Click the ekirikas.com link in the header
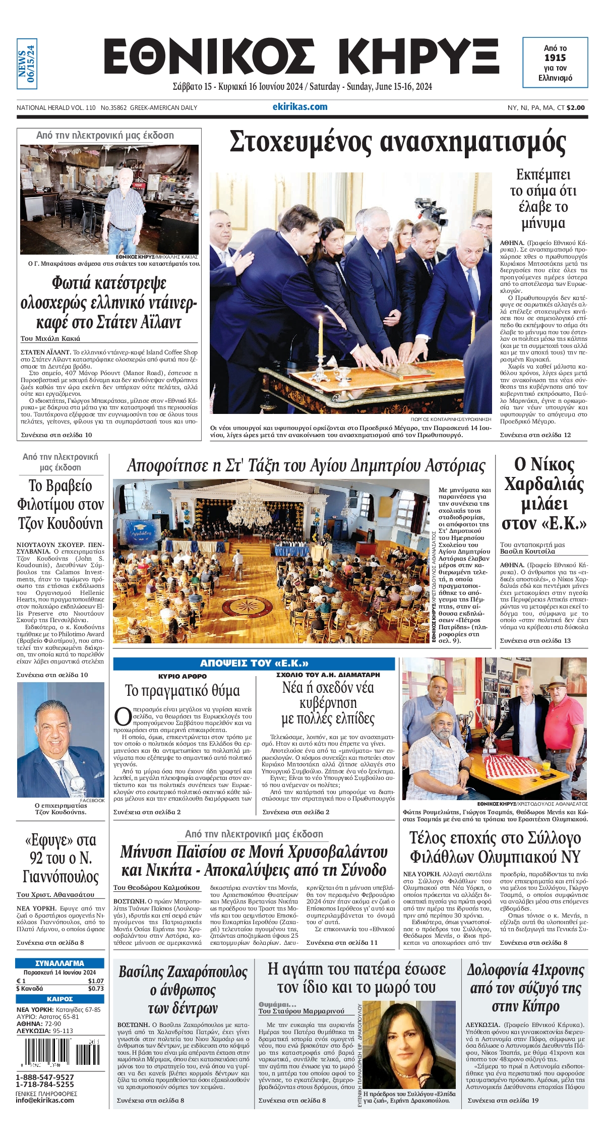(x=300, y=107)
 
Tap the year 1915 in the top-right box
(x=555, y=57)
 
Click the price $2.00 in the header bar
(x=576, y=107)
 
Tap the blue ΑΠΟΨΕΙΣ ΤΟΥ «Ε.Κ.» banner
(x=254, y=663)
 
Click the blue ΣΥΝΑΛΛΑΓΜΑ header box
(x=59, y=962)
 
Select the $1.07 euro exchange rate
(x=96, y=981)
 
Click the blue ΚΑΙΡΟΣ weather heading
(x=59, y=999)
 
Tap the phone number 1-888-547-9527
(x=45, y=1076)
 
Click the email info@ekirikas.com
(x=45, y=1100)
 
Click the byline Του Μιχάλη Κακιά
(x=50, y=338)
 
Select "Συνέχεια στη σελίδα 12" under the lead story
(x=535, y=435)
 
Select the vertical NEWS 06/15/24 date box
(x=27, y=64)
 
